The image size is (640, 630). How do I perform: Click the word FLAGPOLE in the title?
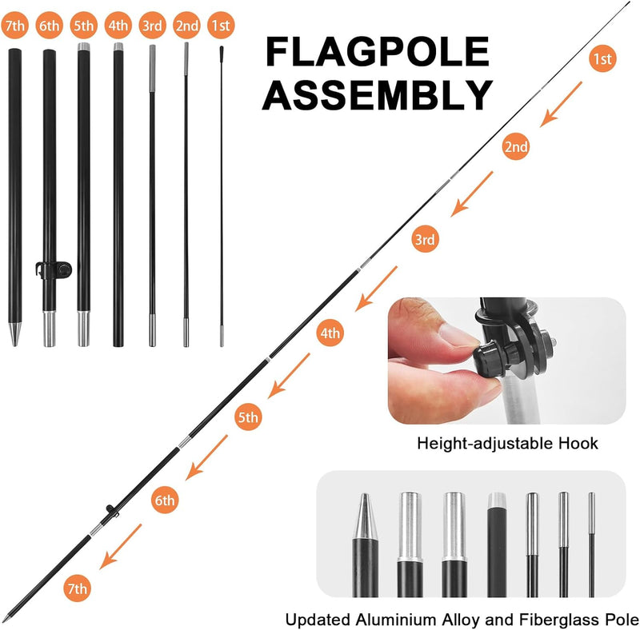[x=377, y=52]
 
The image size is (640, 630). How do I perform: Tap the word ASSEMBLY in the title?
[x=378, y=94]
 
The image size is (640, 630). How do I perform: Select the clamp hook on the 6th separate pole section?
[x=54, y=270]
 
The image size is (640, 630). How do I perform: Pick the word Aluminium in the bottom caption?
[x=396, y=620]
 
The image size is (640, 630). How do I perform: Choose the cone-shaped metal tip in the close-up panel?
[x=365, y=516]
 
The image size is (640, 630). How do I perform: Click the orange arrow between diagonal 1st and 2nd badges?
[x=561, y=105]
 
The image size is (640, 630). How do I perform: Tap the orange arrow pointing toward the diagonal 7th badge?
[x=121, y=546]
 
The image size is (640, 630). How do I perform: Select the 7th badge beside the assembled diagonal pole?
[x=77, y=588]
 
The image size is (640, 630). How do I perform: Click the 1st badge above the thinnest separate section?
[x=221, y=26]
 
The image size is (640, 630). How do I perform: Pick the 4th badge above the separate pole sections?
[x=118, y=26]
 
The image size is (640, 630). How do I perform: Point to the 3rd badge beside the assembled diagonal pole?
[x=425, y=239]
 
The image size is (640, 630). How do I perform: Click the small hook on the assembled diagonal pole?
[x=111, y=510]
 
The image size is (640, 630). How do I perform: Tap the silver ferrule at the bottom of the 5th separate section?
[x=84, y=329]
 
